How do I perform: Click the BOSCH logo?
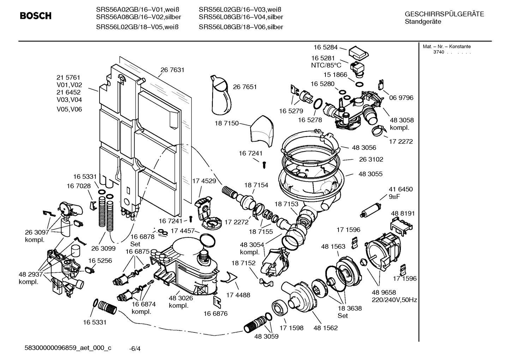35,16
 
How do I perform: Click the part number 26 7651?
245,87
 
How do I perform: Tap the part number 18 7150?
226,124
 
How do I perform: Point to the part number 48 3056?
364,148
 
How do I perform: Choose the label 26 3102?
371,159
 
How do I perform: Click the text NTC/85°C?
326,65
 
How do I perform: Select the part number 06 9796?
401,98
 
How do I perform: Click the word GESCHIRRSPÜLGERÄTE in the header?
444,14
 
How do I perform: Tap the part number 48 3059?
266,337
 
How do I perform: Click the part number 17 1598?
291,328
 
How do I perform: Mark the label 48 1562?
325,328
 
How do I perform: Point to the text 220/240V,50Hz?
394,300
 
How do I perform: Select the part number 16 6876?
215,313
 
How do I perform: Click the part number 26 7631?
172,70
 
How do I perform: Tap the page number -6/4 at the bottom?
135,349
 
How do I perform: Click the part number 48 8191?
403,213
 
